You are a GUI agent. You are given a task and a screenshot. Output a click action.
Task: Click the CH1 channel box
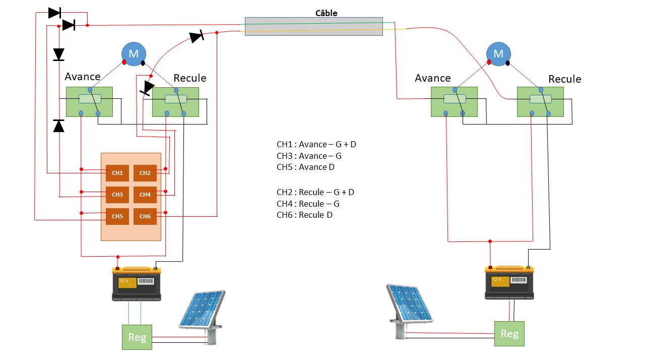117,173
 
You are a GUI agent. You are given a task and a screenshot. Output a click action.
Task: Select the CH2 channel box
145,173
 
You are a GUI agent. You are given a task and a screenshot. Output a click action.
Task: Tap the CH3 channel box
117,195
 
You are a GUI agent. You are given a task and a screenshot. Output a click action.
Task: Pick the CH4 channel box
145,195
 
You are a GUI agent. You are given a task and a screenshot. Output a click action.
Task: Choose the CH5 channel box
117,216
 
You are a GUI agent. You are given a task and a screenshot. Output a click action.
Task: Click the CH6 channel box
145,216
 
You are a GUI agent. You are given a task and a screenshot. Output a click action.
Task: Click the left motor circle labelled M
134,53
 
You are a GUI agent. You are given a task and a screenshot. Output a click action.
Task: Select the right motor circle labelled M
498,53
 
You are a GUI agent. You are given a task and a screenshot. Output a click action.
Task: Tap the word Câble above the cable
326,13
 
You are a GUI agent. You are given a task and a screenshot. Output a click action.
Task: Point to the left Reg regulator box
137,337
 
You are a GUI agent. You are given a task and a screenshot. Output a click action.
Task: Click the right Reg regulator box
509,333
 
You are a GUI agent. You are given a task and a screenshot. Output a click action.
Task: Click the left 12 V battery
137,284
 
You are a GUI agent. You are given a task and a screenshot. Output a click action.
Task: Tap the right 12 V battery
509,282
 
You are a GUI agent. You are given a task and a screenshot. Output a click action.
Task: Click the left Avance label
83,77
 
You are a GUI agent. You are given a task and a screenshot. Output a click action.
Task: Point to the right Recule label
564,79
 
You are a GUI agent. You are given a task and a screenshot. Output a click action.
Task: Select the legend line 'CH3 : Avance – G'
309,156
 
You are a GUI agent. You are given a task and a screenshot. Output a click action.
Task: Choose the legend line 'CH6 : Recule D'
304,215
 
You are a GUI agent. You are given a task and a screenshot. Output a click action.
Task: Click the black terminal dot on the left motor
143,63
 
